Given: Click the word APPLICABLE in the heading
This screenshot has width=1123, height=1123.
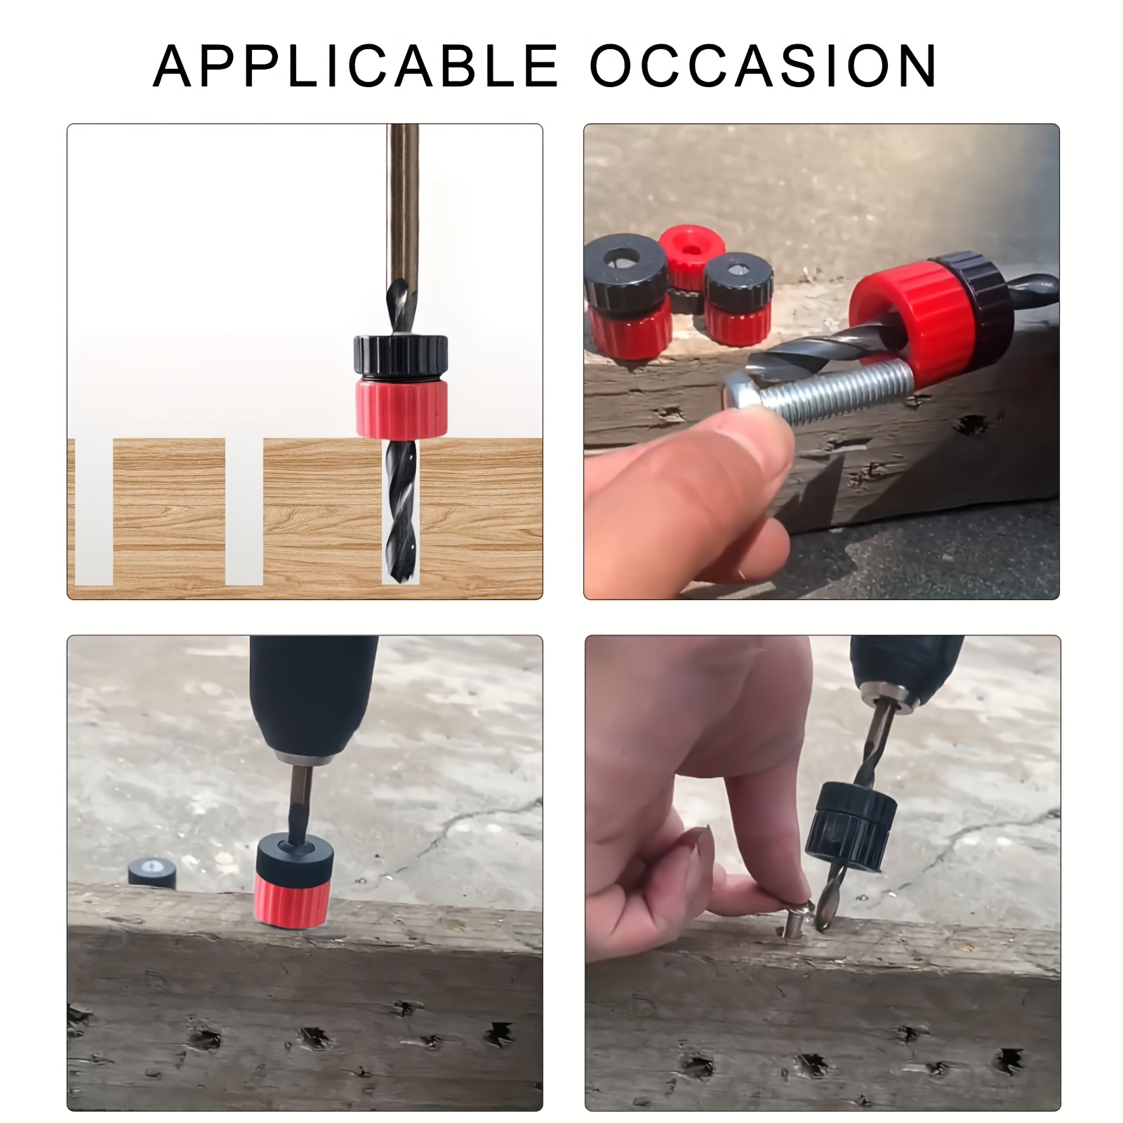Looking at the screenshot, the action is (x=355, y=66).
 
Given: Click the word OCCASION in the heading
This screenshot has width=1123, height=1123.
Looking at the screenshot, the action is (x=763, y=66).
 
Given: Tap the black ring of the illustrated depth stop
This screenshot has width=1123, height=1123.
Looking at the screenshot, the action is (x=400, y=357).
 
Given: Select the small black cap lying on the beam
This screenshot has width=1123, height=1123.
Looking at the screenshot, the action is (x=152, y=872).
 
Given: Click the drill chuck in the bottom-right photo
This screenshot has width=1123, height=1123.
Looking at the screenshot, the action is (x=905, y=667).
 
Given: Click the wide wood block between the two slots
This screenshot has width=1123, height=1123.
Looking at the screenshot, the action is (x=169, y=512).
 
